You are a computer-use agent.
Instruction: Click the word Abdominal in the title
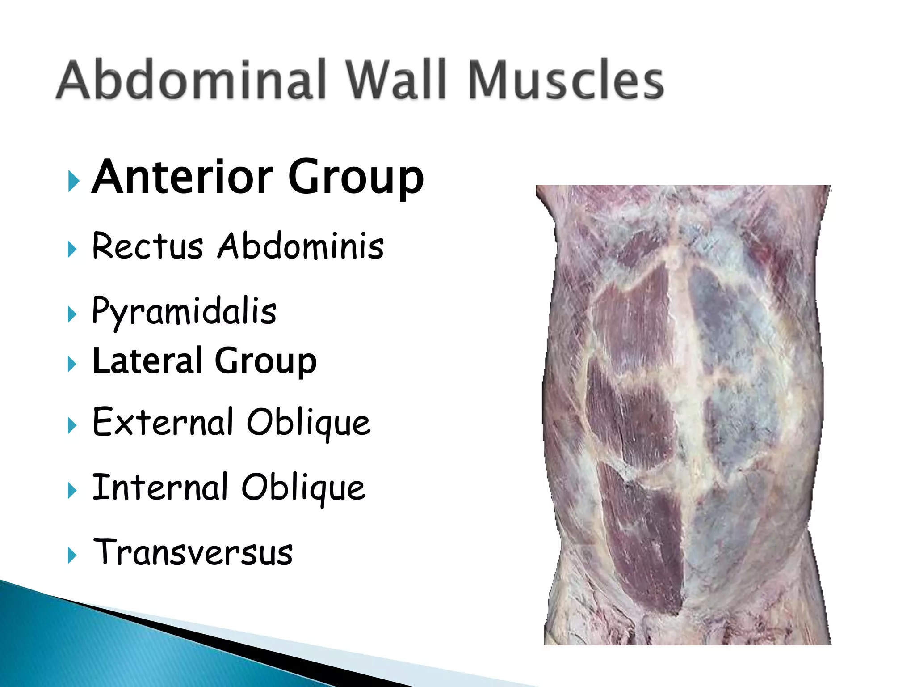191,80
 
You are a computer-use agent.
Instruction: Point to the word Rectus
147,246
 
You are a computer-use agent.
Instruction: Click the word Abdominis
300,246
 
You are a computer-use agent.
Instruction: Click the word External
163,422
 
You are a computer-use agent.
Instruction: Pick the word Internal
160,487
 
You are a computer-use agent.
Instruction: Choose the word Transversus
193,552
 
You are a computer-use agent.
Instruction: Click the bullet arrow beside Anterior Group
73,182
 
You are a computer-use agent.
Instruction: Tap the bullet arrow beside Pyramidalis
72,314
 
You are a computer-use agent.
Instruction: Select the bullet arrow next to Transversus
72,556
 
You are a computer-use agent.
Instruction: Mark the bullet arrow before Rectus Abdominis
72,249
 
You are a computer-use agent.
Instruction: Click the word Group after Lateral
265,361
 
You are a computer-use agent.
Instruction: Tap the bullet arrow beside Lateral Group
72,364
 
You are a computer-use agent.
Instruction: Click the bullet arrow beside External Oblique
72,425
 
